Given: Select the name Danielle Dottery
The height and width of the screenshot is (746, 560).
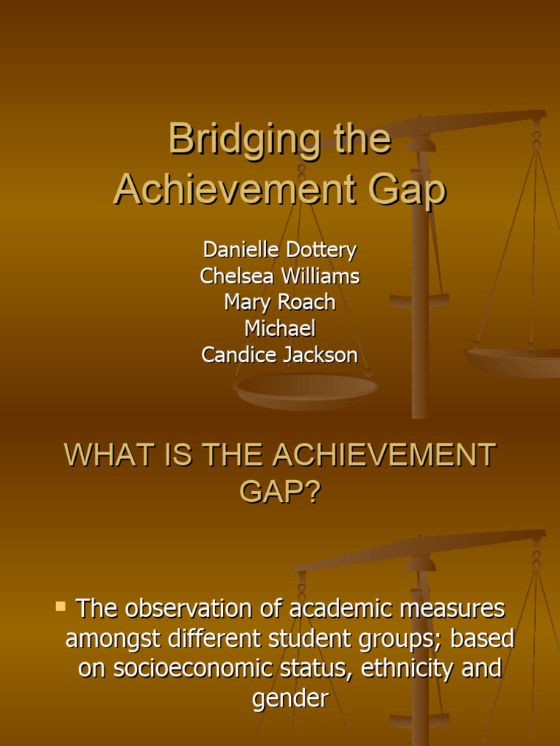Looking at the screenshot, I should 280,250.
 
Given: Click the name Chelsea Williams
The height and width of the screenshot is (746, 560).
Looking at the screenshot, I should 280,276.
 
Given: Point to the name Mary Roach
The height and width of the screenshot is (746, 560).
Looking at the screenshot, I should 280,302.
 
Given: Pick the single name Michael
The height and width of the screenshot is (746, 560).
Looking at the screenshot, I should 280,329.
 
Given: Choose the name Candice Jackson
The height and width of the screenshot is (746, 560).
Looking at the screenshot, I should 280,355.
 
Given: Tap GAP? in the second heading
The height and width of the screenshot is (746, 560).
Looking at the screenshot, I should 280,492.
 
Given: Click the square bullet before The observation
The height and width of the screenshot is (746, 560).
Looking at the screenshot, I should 61,606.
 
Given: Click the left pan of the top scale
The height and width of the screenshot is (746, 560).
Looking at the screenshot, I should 306,388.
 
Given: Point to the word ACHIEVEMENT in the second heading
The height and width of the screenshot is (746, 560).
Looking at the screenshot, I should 384,455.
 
